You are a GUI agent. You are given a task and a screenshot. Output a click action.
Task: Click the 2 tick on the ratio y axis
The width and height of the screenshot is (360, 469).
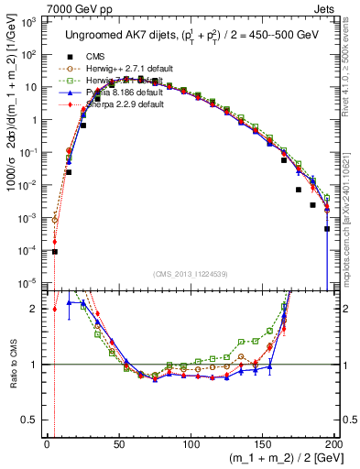36,309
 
